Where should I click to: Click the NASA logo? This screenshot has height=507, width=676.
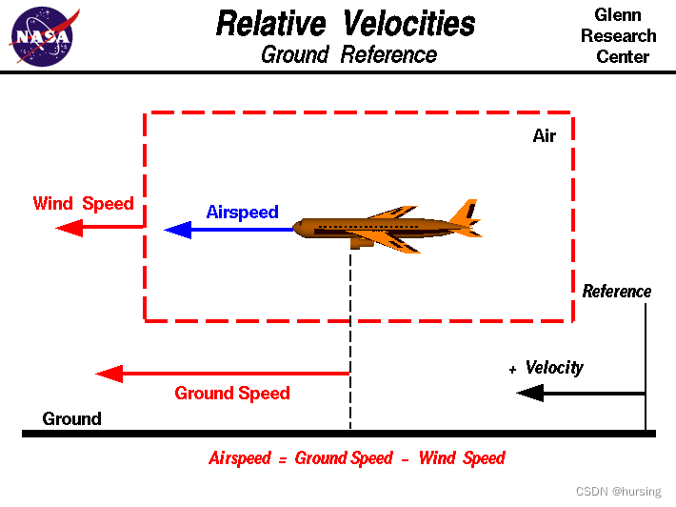click(42, 36)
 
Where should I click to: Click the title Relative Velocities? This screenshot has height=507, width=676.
click(346, 23)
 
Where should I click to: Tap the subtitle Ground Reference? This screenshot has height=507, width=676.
click(348, 54)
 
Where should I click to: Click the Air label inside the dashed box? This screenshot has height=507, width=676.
click(544, 136)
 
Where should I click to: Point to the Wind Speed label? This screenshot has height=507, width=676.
click(83, 203)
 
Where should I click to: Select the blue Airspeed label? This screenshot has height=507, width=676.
click(242, 212)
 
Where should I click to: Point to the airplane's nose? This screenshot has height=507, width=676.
click(298, 229)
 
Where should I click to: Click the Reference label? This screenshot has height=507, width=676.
click(617, 292)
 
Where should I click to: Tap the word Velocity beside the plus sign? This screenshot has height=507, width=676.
click(554, 368)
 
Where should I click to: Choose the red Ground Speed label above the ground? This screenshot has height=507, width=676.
click(232, 393)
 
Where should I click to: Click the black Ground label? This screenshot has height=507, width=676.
click(71, 418)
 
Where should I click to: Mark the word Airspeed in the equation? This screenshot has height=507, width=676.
click(241, 458)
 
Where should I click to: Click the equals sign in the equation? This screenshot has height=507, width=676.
click(283, 459)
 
